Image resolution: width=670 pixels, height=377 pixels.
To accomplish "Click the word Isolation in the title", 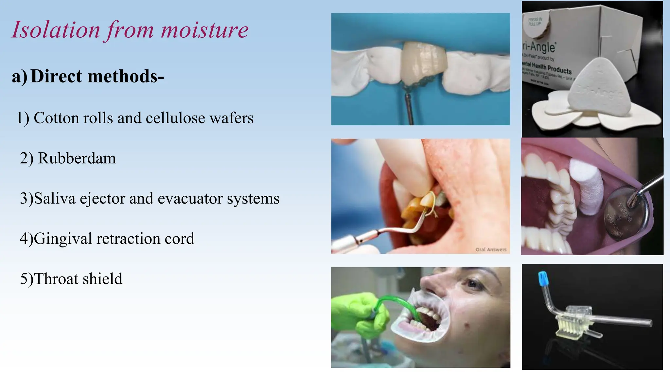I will pyautogui.click(x=56, y=30).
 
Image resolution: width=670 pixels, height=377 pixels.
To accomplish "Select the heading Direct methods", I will pyautogui.click(x=97, y=76).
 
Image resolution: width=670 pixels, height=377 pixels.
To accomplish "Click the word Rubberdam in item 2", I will pyautogui.click(x=77, y=158).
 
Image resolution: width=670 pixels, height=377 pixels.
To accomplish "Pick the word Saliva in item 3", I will pyautogui.click(x=55, y=199).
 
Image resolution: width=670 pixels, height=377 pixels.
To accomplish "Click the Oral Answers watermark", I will pyautogui.click(x=491, y=249).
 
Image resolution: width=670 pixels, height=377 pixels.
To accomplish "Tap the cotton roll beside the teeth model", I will pyautogui.click(x=587, y=187).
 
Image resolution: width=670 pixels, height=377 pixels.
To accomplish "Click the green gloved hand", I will pyautogui.click(x=360, y=314).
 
